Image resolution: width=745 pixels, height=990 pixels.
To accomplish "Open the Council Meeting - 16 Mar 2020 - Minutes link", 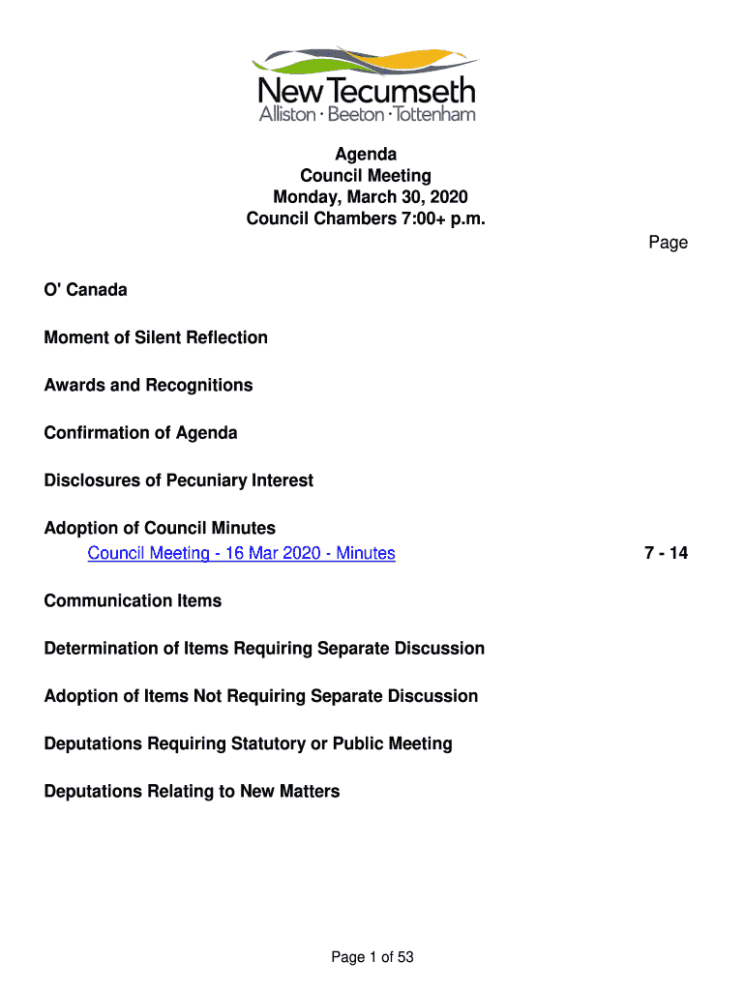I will (x=241, y=553).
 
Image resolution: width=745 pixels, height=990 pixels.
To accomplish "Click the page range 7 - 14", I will (x=666, y=553).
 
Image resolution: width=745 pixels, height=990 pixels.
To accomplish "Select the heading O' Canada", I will (x=85, y=290).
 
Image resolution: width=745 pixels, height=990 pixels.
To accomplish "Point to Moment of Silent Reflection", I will (x=156, y=337).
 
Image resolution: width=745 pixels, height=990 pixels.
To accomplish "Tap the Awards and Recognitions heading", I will (x=148, y=385).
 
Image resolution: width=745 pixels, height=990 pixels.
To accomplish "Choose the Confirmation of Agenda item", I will (x=140, y=432).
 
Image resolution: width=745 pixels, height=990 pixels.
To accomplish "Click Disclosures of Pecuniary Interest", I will (x=179, y=480).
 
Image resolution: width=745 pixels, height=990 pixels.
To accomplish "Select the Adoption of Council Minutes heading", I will (x=160, y=528).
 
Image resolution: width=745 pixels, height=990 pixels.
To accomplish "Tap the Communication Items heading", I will (x=133, y=600).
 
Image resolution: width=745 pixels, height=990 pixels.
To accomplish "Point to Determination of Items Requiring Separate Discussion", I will (x=264, y=648).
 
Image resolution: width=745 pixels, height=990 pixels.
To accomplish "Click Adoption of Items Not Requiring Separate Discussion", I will (x=261, y=696).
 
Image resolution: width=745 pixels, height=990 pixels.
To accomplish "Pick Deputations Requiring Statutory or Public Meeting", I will (x=248, y=743).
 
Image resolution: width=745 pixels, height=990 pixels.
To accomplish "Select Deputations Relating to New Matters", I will (x=192, y=791).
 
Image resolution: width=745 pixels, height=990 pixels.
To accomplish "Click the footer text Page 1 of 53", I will (x=372, y=957).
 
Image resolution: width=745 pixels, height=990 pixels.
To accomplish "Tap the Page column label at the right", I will (x=668, y=243).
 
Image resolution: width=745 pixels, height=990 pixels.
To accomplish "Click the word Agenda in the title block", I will (x=366, y=155).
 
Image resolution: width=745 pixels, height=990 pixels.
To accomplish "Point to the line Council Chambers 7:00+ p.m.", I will (x=366, y=218).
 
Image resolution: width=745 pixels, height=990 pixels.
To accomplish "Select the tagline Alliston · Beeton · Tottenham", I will (x=367, y=115).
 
